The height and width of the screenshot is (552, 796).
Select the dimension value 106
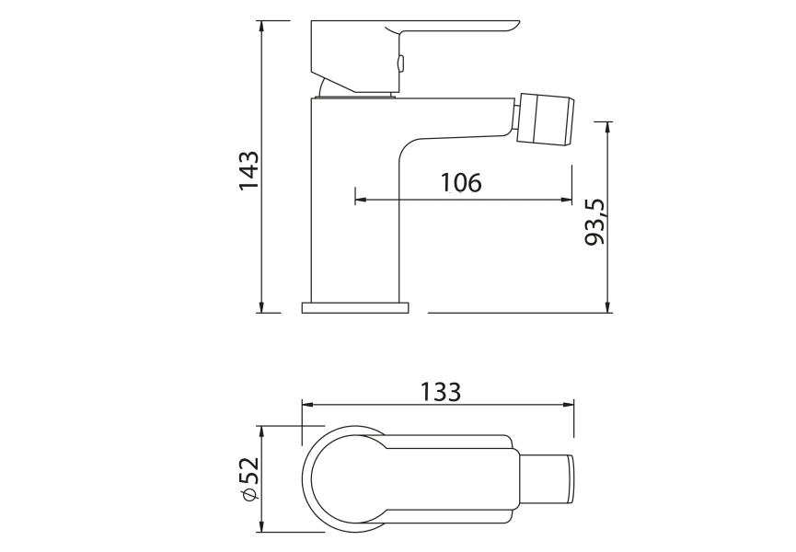coord(460,182)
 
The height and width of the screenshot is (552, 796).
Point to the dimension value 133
coord(441,391)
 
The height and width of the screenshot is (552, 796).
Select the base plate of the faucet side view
coord(354,307)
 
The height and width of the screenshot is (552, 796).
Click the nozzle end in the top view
coord(548,479)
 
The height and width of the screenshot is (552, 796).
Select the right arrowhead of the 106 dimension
coord(566,199)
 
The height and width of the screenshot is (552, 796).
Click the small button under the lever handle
coord(399,63)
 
